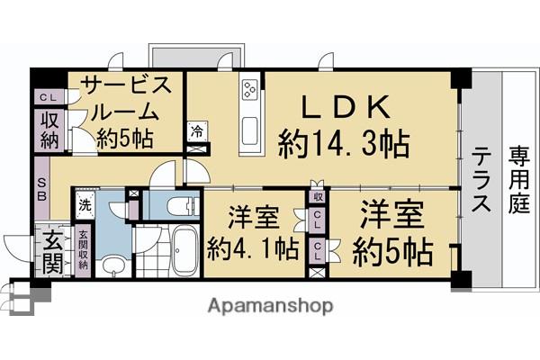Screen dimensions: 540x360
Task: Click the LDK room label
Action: tap(346, 106)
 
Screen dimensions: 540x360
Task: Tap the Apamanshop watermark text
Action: tap(270, 306)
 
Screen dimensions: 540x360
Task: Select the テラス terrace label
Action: tap(481, 178)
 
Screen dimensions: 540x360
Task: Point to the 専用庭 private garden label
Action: tap(519, 179)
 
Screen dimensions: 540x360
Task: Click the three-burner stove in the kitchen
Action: tap(249, 89)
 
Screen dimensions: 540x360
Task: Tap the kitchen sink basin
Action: tap(249, 130)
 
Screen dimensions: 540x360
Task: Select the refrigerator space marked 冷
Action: tap(197, 131)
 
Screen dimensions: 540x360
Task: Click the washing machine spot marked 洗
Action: tap(85, 205)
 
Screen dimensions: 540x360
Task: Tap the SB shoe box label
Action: tap(42, 189)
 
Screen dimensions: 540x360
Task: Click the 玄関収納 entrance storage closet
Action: tap(83, 250)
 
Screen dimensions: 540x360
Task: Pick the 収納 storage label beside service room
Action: tap(49, 130)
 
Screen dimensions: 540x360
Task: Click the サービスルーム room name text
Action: tap(127, 98)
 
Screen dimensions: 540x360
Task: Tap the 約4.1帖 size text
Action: tap(253, 248)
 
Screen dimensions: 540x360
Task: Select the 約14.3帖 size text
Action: tap(344, 144)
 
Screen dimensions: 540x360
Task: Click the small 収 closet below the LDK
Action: tap(317, 197)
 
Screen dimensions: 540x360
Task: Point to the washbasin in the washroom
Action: tap(113, 265)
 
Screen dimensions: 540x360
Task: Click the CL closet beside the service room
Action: tap(49, 97)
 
